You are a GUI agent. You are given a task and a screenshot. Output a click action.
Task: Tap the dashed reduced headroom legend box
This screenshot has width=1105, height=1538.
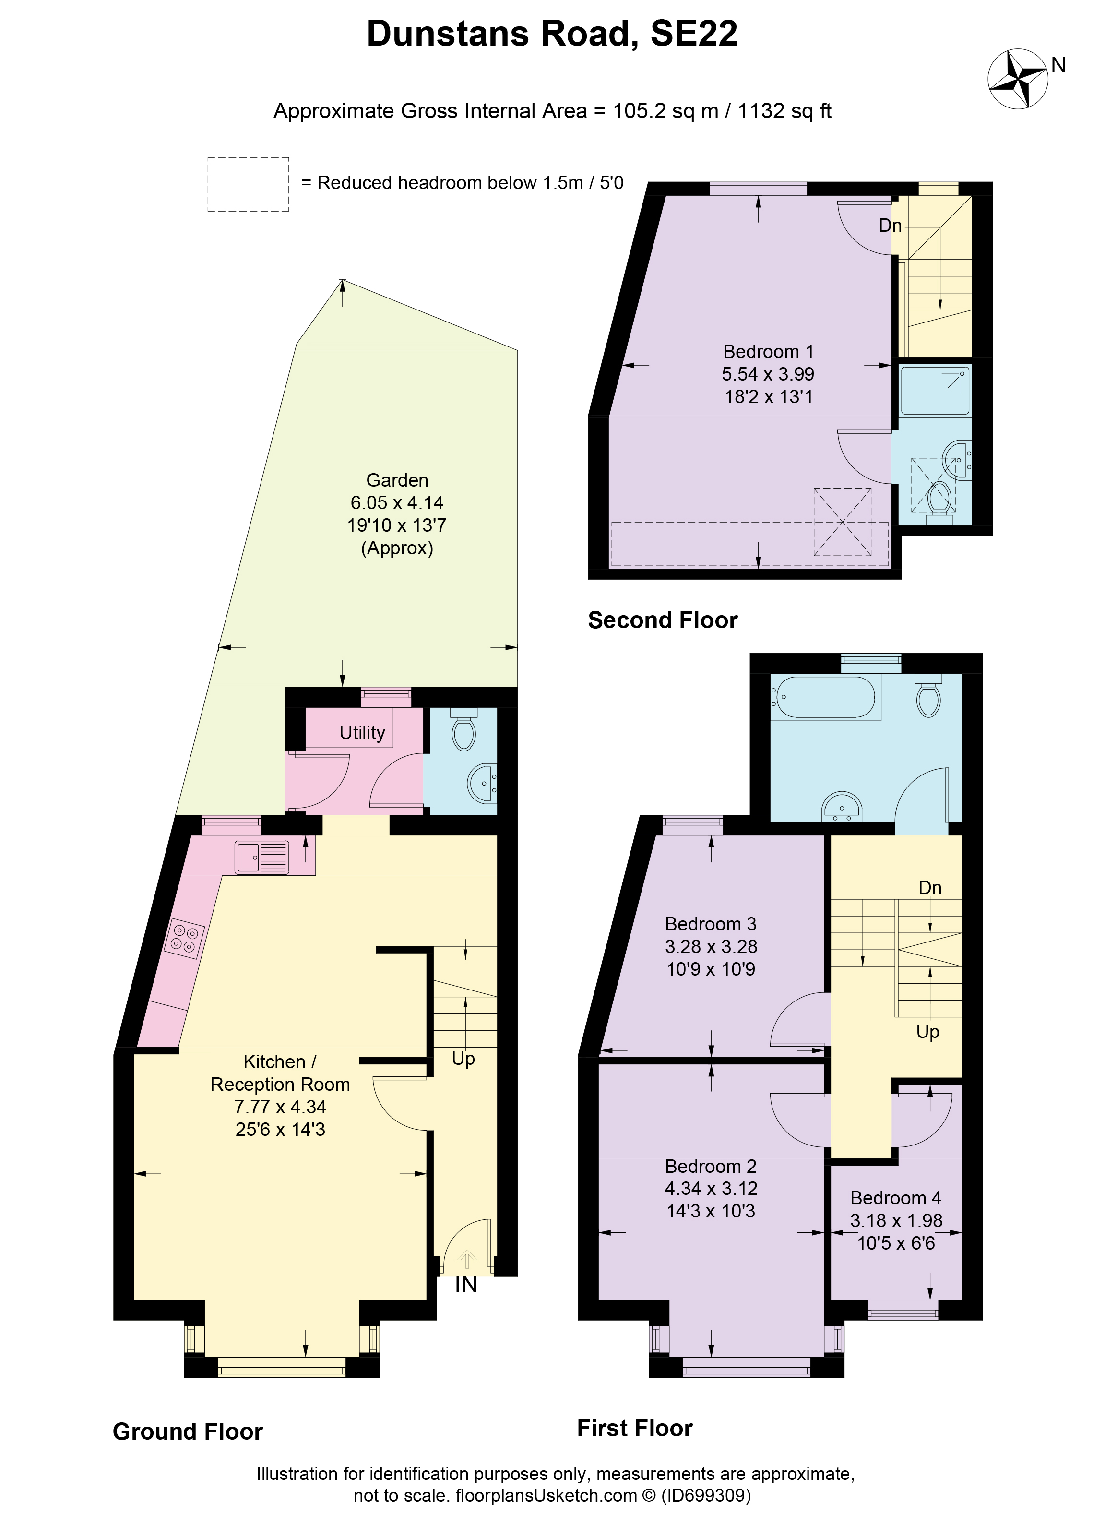pos(248,184)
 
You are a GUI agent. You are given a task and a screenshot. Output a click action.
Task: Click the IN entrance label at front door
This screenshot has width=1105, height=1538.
pos(466,1284)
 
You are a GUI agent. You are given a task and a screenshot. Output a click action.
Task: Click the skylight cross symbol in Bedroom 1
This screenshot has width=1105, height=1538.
pos(842,522)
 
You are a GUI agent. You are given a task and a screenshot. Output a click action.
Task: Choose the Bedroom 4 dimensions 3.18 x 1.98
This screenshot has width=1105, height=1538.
pos(896,1221)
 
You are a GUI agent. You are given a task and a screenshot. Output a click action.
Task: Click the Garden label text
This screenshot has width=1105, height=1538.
pos(397,480)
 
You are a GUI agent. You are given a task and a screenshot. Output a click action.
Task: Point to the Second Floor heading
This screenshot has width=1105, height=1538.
pos(662,620)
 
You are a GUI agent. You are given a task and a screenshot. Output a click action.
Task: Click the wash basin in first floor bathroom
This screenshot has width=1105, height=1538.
pos(841,806)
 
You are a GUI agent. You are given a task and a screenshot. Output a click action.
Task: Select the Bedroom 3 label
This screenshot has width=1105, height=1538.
pos(711,924)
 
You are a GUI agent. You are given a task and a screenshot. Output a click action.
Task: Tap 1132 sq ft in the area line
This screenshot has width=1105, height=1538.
pos(784,111)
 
